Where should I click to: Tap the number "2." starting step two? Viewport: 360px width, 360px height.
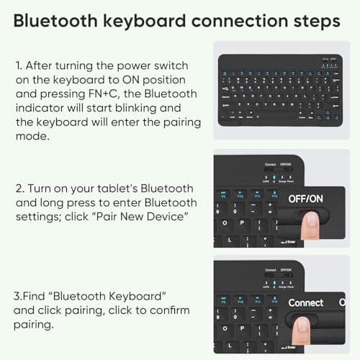(19, 188)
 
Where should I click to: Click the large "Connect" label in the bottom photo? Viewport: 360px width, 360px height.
(306, 302)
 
